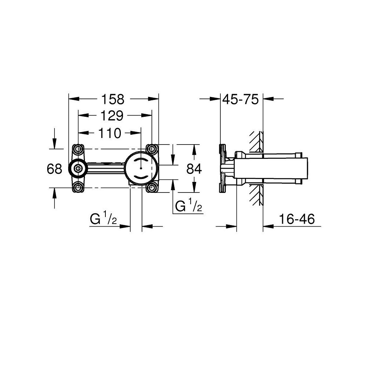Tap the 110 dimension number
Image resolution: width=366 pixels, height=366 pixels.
point(109,134)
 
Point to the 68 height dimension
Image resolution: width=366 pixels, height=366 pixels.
point(55,169)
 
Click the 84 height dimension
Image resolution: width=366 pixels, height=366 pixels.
point(194,169)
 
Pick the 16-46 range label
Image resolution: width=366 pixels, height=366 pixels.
point(296,219)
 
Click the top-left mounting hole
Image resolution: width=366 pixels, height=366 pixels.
point(78,149)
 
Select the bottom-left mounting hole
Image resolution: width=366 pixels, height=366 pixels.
point(78,187)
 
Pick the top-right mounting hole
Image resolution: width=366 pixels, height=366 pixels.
point(151,149)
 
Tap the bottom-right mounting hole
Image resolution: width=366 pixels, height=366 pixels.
point(151,187)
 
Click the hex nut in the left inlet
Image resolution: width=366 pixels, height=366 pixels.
point(78,169)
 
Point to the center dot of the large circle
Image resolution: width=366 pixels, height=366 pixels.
point(141,169)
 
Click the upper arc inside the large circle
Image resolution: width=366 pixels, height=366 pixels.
point(141,161)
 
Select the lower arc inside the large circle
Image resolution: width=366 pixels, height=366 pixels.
point(141,177)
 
